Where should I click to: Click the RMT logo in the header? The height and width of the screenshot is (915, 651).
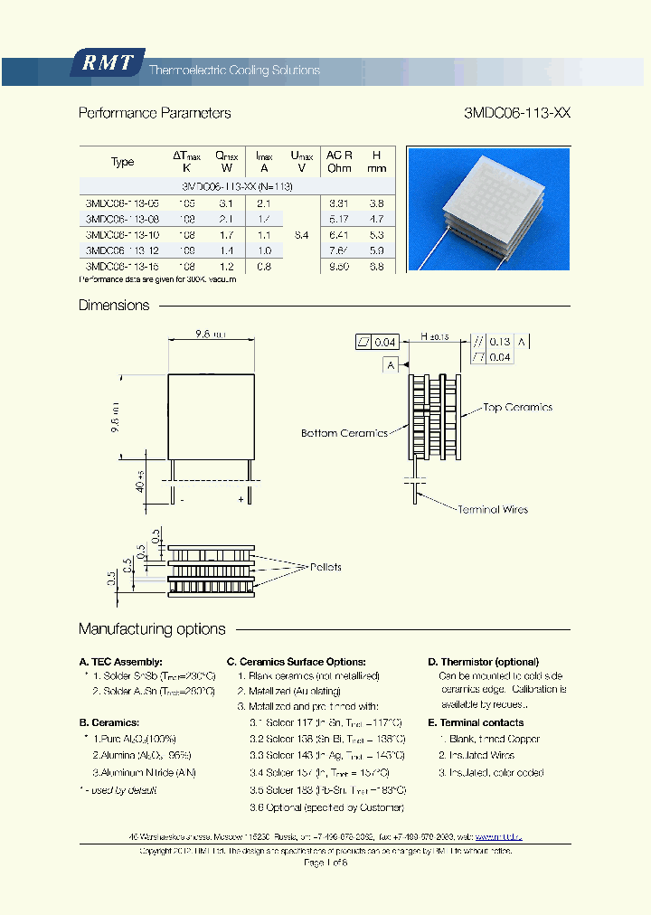pos(108,62)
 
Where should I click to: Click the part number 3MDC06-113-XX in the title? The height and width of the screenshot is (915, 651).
pos(516,114)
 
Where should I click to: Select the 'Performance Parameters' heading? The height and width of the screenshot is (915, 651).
pos(155,114)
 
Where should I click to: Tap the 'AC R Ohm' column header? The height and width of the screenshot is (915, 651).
pos(339,162)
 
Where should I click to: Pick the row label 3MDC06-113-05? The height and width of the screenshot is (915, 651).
pos(121,203)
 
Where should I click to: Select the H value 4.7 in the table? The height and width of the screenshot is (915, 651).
pos(377,219)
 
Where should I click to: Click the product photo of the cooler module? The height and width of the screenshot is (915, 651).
pos(489,209)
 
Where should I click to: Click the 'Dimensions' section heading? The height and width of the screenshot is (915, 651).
pos(114,306)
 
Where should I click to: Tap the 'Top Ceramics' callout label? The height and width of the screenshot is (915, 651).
pos(517,408)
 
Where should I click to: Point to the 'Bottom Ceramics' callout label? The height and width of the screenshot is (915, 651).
pos(344,433)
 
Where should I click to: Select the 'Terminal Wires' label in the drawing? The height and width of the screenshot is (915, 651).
pos(493,510)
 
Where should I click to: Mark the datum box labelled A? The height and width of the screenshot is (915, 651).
pos(391,364)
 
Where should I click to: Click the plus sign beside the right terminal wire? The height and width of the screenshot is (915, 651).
pos(241,498)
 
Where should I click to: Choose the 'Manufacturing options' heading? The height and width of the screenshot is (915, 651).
pos(152,629)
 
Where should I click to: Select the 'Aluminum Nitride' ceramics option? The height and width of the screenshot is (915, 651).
pos(144,772)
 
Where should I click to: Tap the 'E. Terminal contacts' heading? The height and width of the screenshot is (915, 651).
pos(476,722)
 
